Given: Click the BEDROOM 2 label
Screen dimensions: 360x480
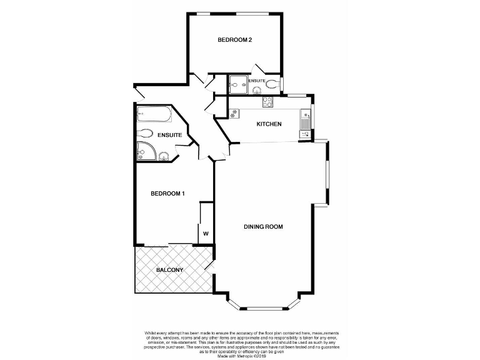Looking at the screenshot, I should click(234, 41).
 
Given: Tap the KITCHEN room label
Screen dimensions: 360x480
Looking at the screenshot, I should click(269, 124).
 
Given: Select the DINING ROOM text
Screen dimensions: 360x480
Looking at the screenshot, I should click(263, 227).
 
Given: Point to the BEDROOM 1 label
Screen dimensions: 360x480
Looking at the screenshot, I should click(168, 194).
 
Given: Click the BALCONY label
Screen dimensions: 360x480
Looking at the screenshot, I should click(169, 270).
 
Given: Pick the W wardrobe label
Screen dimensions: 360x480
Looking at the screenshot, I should click(205, 234).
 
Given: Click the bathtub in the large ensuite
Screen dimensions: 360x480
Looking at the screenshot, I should click(154, 115).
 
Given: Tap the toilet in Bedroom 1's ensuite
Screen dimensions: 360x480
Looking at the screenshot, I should click(145, 133).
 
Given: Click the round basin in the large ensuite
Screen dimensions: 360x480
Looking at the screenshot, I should click(164, 156).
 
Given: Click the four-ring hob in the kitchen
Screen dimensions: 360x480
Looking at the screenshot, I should click(268, 102).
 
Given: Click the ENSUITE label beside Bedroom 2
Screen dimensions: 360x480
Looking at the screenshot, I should click(257, 81).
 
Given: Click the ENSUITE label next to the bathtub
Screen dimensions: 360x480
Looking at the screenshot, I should click(169, 136).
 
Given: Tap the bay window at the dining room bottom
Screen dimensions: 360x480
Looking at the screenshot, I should click(263, 308).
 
